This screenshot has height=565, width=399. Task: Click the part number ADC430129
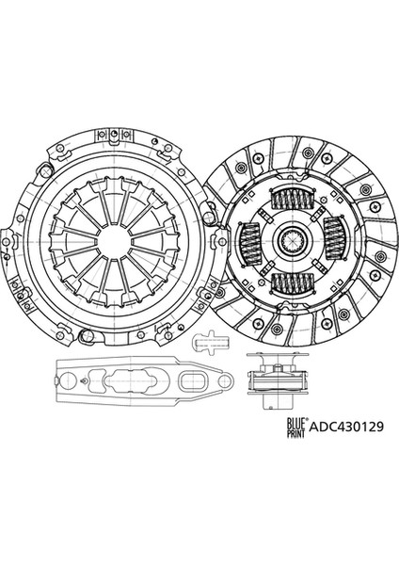346,427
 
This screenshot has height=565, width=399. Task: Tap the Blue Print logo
296,428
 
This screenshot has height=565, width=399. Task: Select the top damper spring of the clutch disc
291,199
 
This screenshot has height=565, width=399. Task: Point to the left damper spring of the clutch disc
249,241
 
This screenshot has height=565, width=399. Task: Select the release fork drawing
144,379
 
